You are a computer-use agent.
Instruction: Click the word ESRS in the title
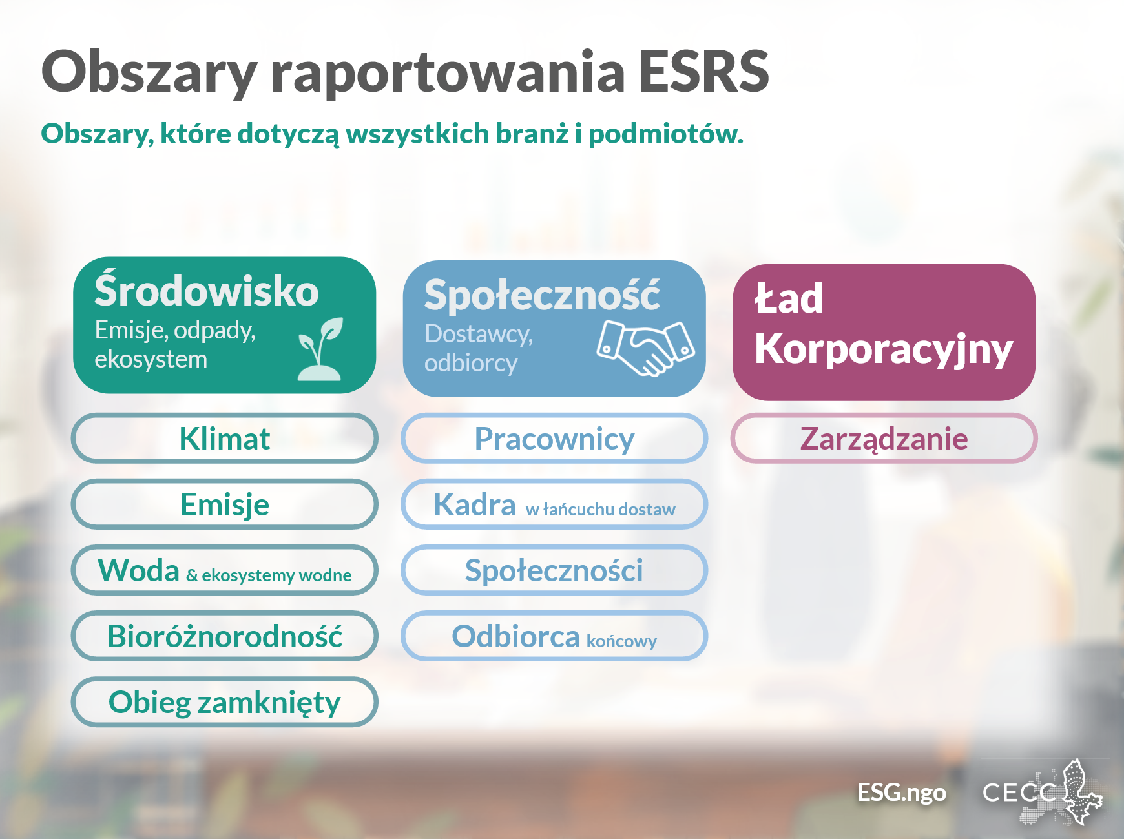703,71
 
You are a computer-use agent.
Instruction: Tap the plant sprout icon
320,349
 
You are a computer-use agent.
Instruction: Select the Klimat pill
224,438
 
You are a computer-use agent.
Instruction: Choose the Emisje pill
224,504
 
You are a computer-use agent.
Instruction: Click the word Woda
138,570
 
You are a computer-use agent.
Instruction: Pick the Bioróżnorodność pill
224,636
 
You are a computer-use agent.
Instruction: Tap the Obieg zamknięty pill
224,701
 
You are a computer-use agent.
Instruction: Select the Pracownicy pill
554,438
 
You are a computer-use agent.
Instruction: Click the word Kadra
475,504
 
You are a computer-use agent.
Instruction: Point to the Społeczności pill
554,570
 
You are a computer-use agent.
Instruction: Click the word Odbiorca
515,636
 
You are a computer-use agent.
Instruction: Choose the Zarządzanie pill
884,438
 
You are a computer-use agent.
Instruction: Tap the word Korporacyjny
884,350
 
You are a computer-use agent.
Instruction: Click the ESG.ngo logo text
901,792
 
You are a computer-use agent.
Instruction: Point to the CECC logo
1042,792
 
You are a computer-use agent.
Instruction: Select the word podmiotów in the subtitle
666,134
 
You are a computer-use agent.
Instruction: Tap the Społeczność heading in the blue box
542,295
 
